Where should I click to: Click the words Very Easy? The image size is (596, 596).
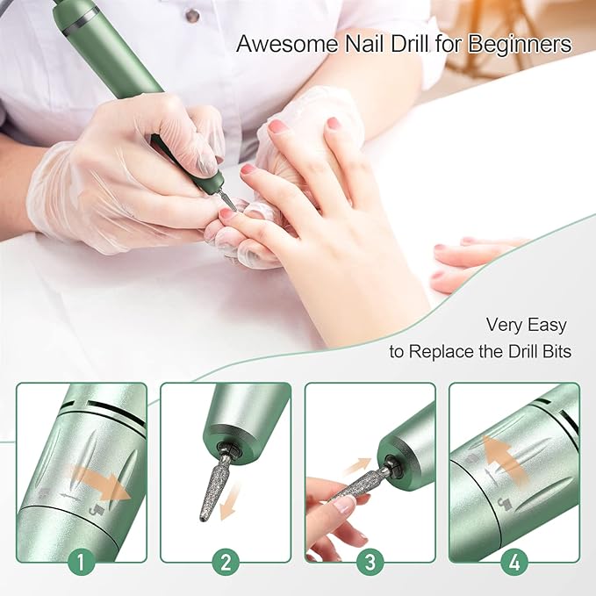pos(526,325)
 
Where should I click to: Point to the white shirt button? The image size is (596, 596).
pos(192,15)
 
